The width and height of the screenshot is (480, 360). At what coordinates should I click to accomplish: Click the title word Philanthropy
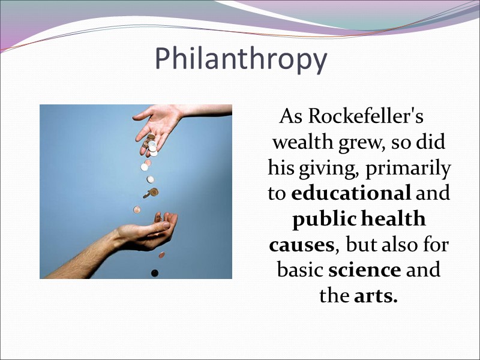coord(241,59)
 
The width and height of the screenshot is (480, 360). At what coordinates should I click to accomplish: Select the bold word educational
coord(351,193)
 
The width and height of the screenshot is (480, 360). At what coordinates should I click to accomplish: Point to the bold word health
coord(393,219)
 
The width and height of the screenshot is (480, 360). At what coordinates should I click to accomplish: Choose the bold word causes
coord(301,245)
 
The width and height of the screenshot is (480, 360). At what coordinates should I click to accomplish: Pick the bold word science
coord(365,270)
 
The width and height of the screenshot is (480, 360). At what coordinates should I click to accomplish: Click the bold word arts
coord(376,296)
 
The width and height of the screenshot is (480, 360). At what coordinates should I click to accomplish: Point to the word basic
coord(300,270)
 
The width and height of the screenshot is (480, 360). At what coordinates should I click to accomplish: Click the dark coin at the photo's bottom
coord(155,273)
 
